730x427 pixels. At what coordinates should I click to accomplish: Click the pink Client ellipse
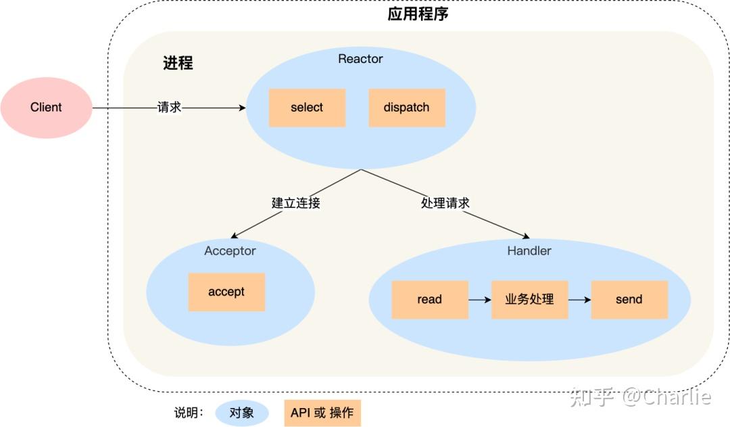click(46, 108)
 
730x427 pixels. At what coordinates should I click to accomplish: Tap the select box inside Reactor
click(307, 108)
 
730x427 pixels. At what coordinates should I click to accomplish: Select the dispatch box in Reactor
click(406, 108)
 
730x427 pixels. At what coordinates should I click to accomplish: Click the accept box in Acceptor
click(226, 292)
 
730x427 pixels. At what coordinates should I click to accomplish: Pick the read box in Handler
click(430, 300)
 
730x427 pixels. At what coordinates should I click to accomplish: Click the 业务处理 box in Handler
click(529, 300)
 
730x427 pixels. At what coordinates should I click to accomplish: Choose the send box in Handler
click(629, 300)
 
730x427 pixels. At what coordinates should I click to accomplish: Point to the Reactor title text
click(360, 59)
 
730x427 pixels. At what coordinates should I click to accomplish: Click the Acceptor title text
click(230, 251)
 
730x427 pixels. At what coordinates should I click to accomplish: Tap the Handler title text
click(529, 251)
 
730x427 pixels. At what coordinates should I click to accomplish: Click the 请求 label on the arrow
click(169, 108)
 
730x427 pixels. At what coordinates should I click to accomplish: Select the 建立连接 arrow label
click(295, 203)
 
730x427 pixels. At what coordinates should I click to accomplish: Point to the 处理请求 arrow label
click(445, 203)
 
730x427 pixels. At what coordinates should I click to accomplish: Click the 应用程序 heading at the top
click(418, 14)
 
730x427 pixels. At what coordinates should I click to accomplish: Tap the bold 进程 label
click(178, 63)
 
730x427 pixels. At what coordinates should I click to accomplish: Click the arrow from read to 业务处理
click(479, 300)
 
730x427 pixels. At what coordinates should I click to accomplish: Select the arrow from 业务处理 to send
click(579, 300)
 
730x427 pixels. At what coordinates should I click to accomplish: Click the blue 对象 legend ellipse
click(242, 413)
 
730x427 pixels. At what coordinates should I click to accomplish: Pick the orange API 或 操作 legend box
click(322, 413)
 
